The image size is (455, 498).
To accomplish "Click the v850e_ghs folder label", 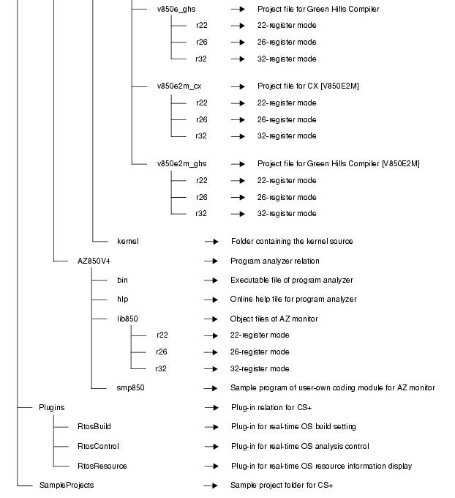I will tap(176, 9).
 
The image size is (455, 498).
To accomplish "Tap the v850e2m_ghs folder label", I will tap(181, 163).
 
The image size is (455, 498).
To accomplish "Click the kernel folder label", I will tap(127, 241).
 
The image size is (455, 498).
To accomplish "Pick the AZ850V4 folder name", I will tap(94, 261).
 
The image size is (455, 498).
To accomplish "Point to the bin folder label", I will tap(122, 280).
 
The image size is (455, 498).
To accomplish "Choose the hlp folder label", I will tap(122, 299).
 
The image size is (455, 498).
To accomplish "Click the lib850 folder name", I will tap(127, 319).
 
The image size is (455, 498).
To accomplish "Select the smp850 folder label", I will tap(130, 387).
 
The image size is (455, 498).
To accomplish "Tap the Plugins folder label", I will tap(51, 407).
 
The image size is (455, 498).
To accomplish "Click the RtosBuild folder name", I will tap(94, 426).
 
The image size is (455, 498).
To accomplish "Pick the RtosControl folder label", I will tap(98, 446).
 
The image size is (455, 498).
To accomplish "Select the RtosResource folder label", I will tap(102, 466).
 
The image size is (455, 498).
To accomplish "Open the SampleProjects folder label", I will tap(66, 485).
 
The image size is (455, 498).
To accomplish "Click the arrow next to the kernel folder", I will tap(211, 241).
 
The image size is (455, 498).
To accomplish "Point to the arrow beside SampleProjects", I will tap(211, 485).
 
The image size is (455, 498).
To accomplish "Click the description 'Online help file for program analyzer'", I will tap(293, 299).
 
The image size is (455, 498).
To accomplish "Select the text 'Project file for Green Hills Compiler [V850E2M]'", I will tap(339, 163).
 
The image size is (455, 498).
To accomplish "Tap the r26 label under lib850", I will tap(162, 352).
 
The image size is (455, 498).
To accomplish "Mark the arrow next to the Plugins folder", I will tap(211, 407).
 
